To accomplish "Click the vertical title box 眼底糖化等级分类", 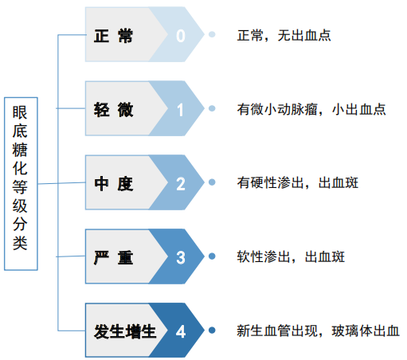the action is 21,184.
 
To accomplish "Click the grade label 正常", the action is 113,36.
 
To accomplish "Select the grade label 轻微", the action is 113,110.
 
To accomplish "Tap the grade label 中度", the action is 113,184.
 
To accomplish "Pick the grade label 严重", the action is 113,257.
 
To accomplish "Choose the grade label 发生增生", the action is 125,331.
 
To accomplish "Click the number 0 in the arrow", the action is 181,36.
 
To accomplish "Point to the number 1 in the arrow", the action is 181,110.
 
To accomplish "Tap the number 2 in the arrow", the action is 181,184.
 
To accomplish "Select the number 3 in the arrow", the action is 181,258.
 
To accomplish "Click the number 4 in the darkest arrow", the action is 181,331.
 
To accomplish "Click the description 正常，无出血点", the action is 284,36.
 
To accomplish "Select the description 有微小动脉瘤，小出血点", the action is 311,109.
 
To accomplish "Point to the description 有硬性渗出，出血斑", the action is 298,183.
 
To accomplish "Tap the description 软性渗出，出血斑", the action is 291,256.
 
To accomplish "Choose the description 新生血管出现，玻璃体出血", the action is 318,331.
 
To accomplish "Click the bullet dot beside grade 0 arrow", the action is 212,34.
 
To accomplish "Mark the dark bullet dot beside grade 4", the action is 212,331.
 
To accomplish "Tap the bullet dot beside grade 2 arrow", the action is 212,182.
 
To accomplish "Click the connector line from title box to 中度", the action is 61,183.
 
